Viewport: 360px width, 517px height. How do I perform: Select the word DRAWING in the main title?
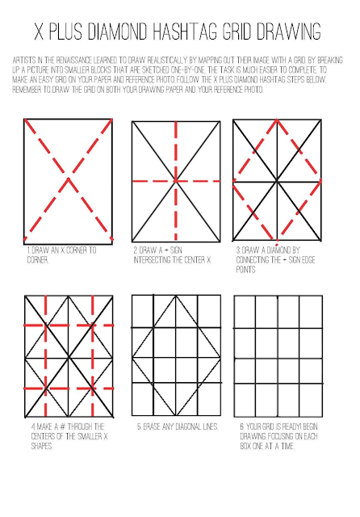289,32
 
